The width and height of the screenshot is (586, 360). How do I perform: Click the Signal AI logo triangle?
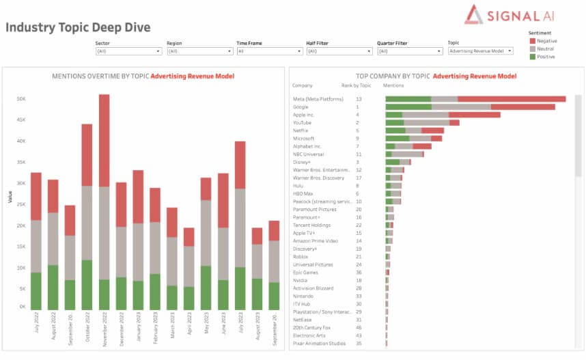click(x=473, y=14)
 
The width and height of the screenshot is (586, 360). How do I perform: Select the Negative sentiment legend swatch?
click(x=532, y=41)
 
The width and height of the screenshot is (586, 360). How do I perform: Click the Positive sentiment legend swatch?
click(x=532, y=57)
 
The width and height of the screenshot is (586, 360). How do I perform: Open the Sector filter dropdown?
click(x=128, y=51)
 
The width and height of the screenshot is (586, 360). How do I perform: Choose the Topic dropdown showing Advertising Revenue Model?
click(x=480, y=51)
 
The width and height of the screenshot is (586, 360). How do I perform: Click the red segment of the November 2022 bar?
click(x=104, y=140)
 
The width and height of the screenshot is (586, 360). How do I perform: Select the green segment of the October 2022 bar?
click(x=87, y=285)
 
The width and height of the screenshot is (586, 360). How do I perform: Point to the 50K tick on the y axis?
click(x=21, y=99)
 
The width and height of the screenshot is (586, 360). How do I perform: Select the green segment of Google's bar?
click(x=408, y=107)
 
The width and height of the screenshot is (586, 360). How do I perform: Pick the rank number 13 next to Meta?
click(x=359, y=99)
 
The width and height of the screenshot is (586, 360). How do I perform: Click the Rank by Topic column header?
click(x=356, y=85)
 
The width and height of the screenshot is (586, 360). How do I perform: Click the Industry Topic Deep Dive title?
click(x=78, y=27)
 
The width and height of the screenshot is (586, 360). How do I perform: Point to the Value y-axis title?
click(x=10, y=196)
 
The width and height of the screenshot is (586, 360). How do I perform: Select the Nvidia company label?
click(x=301, y=280)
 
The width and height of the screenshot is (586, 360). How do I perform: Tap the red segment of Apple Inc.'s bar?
click(x=474, y=115)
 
